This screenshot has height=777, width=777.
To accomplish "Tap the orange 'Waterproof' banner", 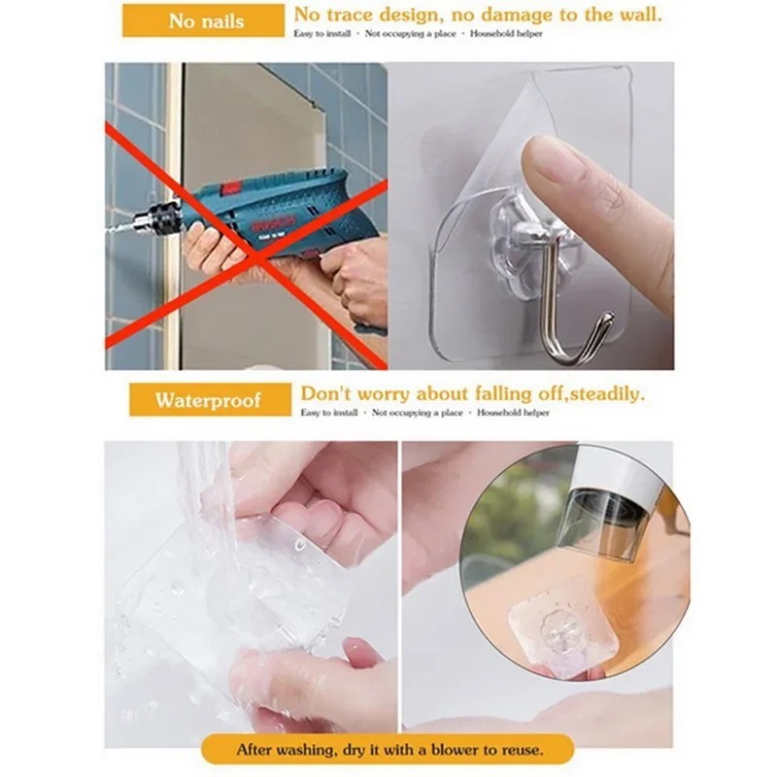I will pyautogui.click(x=210, y=400).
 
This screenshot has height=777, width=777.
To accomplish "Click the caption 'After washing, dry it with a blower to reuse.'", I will pyautogui.click(x=388, y=750).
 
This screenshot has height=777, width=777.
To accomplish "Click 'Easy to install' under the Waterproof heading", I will pyautogui.click(x=328, y=413).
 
